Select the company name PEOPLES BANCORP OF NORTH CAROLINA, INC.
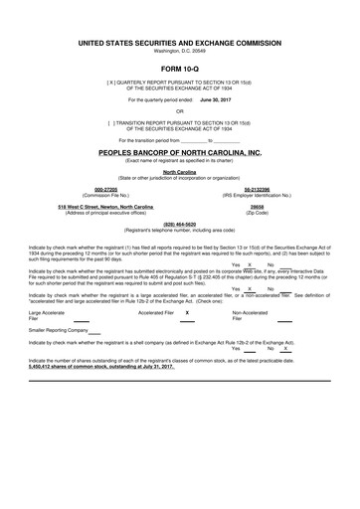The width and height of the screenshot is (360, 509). pyautogui.click(x=180, y=153)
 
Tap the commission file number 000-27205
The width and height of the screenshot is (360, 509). pyautogui.click(x=104, y=189)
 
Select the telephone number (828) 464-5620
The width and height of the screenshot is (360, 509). pyautogui.click(x=179, y=224)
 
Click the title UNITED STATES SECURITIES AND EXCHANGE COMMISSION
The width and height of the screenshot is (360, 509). pyautogui.click(x=180, y=45)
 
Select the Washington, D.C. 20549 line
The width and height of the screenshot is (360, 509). pyautogui.click(x=180, y=52)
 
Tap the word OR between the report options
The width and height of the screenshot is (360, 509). pyautogui.click(x=180, y=111)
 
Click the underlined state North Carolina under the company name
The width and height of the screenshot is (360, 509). pyautogui.click(x=180, y=171)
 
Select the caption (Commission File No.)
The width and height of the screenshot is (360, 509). pyautogui.click(x=104, y=195)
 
